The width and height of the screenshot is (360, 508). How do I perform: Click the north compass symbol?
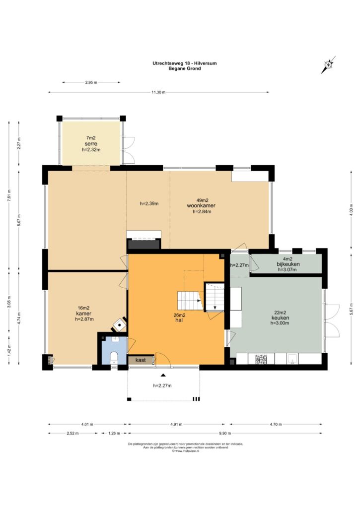click(x=328, y=65)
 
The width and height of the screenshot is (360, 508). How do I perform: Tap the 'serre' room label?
click(x=91, y=144)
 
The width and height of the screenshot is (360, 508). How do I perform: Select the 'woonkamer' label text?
click(x=201, y=206)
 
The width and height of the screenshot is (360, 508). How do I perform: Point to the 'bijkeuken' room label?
click(x=288, y=264)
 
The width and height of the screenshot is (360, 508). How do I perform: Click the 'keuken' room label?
click(x=280, y=318)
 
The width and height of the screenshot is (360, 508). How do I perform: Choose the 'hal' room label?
click(x=179, y=320)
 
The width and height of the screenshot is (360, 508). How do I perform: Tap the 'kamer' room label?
click(x=84, y=314)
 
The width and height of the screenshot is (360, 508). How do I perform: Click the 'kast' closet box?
click(x=141, y=360)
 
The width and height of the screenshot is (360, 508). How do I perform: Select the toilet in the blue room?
click(x=114, y=358)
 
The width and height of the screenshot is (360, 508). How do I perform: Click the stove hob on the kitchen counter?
click(x=261, y=359)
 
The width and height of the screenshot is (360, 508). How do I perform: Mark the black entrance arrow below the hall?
click(x=163, y=375)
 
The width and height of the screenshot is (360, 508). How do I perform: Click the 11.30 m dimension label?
click(x=158, y=92)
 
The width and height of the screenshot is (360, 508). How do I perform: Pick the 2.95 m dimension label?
click(x=91, y=83)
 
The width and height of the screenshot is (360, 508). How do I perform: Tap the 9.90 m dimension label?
click(x=225, y=434)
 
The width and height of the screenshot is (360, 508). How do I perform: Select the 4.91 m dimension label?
click(x=176, y=425)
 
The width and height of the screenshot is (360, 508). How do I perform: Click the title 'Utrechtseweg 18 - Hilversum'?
click(x=185, y=63)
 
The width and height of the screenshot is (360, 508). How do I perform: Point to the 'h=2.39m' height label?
click(x=149, y=204)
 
